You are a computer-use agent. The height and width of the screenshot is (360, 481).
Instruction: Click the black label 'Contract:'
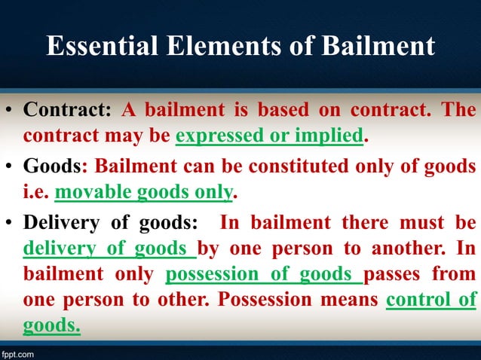point(67,110)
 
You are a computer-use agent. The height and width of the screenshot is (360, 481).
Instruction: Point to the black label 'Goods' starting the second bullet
point(52,166)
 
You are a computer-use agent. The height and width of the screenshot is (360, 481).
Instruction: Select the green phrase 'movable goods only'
point(143,194)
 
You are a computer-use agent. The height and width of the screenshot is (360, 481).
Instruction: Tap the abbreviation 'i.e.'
point(35,194)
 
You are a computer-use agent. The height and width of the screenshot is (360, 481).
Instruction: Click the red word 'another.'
point(410,249)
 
